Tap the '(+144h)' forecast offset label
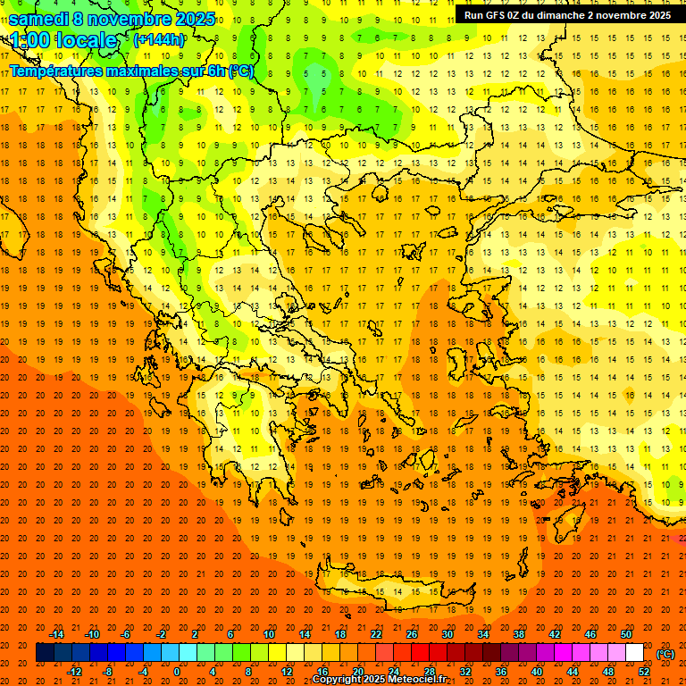point(160,40)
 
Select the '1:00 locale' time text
point(63,41)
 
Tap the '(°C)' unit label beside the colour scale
point(665,653)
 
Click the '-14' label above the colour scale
point(56,634)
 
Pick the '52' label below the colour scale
point(644,672)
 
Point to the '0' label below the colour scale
point(177,672)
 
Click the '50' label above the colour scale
point(626,634)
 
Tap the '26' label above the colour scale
point(412,634)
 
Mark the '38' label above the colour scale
point(519,634)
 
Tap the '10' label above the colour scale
point(269,634)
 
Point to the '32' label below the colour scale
point(465,672)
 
